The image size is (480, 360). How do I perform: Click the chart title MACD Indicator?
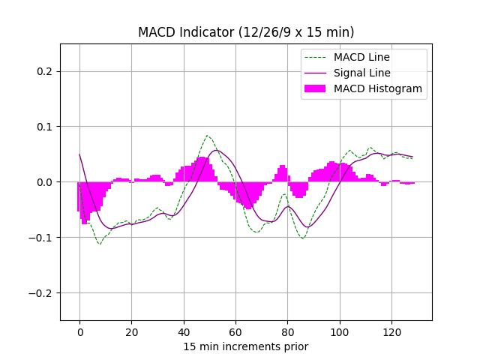tap(246, 32)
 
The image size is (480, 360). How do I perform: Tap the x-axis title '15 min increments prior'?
tap(246, 346)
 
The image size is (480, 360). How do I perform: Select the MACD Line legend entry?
tap(361, 57)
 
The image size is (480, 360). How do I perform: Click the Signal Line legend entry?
tap(361, 73)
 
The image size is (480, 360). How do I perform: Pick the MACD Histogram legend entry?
tap(377, 88)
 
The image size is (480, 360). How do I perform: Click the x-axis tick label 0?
tap(79, 332)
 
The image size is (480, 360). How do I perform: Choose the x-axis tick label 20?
tap(131, 332)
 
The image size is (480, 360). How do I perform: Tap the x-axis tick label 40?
tap(183, 332)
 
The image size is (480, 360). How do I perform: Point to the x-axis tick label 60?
tap(235, 332)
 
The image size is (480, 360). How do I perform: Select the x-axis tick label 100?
tap(339, 332)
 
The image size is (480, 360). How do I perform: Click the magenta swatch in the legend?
tap(316, 88)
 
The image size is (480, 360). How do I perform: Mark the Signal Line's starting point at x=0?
tap(79, 154)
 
